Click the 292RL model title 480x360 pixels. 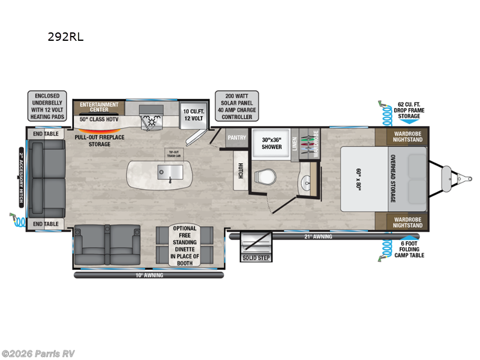pyautogui.click(x=66, y=37)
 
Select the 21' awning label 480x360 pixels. pyautogui.click(x=317, y=236)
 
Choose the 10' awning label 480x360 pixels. pyautogui.click(x=150, y=275)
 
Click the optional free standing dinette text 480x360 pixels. pyautogui.click(x=185, y=245)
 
